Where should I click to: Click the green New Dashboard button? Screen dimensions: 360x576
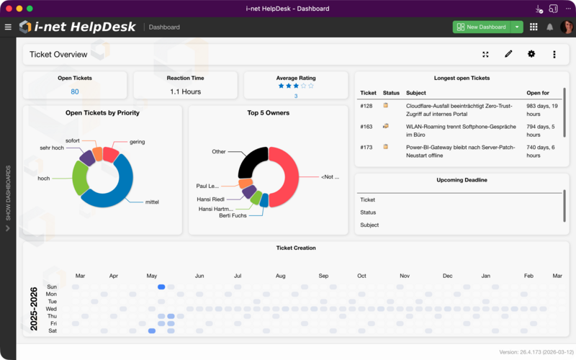[481, 27]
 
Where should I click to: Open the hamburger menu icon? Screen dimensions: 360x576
[8, 27]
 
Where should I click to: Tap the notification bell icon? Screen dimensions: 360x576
[550, 27]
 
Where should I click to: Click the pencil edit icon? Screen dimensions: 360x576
[508, 54]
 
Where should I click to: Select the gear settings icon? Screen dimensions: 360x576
[531, 54]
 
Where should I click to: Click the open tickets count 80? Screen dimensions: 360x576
[75, 91]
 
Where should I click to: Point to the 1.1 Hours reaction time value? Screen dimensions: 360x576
[185, 91]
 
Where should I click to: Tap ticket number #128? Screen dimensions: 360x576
[366, 106]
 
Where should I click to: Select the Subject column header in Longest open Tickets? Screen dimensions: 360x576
[416, 93]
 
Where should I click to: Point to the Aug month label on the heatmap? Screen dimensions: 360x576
[281, 276]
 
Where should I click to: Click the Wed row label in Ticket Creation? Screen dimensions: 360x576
[51, 309]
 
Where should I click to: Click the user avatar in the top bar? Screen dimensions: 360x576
[566, 27]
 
